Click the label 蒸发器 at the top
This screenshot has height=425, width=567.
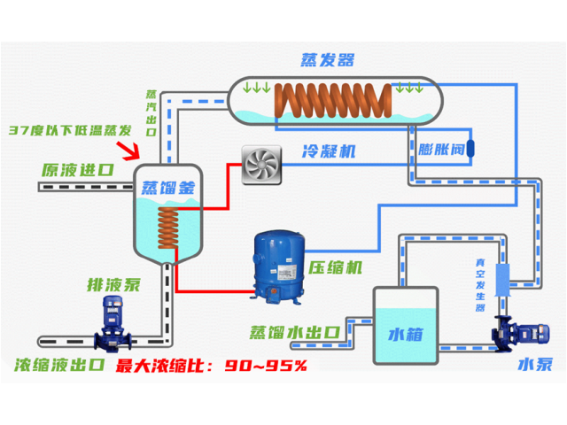(x=327, y=60)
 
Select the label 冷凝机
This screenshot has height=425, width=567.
(x=329, y=151)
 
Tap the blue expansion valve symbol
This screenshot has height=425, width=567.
(x=471, y=143)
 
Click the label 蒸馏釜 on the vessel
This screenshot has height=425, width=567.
(x=167, y=187)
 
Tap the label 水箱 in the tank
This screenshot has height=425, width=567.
(x=407, y=334)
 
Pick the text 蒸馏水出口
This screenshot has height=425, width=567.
(x=295, y=332)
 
